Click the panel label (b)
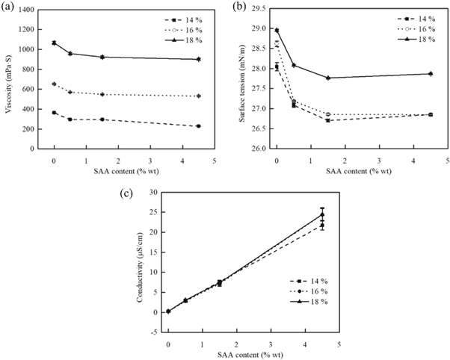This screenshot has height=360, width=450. click(238, 7)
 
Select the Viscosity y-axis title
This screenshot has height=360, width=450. click(9, 79)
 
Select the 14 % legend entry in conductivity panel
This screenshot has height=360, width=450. click(310, 280)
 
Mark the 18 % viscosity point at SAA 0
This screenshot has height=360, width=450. click(54, 43)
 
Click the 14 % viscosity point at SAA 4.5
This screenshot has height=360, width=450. click(198, 126)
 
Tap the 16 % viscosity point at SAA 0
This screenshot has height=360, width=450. click(54, 84)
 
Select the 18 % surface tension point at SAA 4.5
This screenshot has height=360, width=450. click(431, 73)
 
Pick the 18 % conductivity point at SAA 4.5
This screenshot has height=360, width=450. click(322, 214)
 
